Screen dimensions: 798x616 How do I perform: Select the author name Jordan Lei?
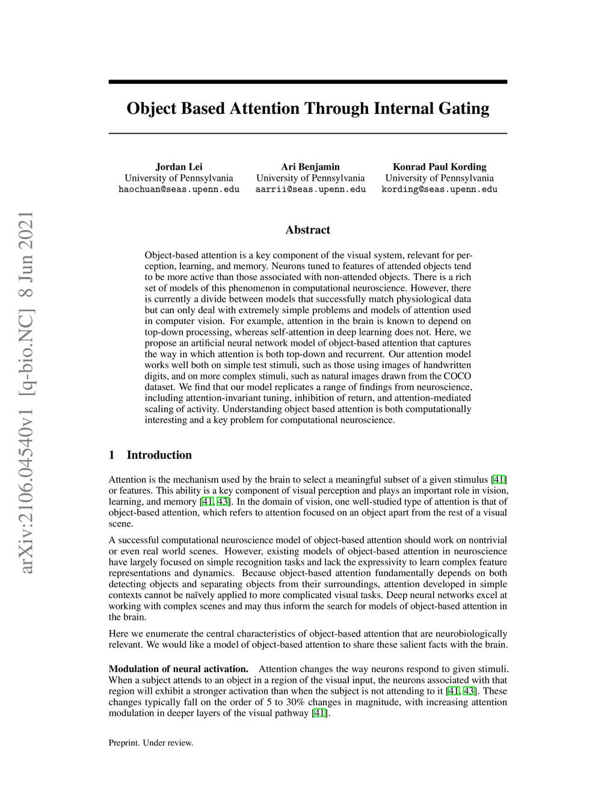(179, 167)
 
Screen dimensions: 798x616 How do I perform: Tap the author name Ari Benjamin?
(310, 167)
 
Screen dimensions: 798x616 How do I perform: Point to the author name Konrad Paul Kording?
(439, 167)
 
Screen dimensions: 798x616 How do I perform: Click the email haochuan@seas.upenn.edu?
(179, 189)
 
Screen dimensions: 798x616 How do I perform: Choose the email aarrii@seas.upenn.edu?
(310, 189)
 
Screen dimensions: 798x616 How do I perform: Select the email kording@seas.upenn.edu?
(439, 189)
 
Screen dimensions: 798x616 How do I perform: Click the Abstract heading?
(307, 229)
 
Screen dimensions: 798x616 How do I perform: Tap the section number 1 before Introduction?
(112, 455)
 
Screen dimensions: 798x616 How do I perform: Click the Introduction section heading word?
(159, 455)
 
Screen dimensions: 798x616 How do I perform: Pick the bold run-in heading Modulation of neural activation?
(178, 669)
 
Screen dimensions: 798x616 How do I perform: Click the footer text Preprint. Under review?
(150, 743)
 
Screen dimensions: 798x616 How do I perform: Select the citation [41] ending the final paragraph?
(320, 713)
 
